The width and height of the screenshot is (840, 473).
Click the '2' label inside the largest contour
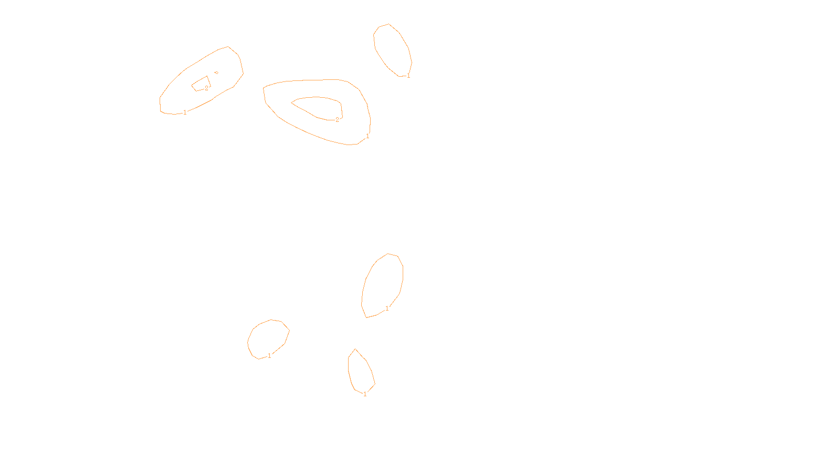[x=337, y=120]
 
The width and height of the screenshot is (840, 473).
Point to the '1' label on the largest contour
[x=367, y=136]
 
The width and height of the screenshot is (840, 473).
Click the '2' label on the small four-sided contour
[x=206, y=88]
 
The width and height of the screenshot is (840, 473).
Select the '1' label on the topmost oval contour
[x=408, y=76]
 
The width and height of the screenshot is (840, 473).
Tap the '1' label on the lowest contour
[x=365, y=394]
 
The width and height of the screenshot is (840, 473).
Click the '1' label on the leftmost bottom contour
[x=269, y=356]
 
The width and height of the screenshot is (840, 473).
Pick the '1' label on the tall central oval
[x=387, y=309]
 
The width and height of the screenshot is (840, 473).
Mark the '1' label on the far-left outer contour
[x=185, y=112]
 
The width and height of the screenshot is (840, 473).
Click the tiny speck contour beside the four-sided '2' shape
[x=216, y=73]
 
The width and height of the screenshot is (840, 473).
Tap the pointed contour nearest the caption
[x=349, y=368]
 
